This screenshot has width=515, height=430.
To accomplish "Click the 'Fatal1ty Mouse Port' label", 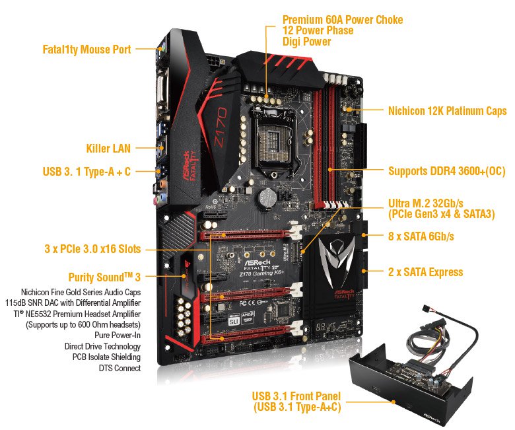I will pyautogui.click(x=86, y=50).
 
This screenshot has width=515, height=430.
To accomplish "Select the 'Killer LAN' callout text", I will pyautogui.click(x=108, y=149).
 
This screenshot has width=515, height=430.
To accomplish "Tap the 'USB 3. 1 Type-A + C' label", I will pyautogui.click(x=86, y=172).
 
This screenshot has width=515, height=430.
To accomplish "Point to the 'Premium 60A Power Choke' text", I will pyautogui.click(x=342, y=20).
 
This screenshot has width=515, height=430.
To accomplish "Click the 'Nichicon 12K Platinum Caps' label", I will pyautogui.click(x=447, y=111).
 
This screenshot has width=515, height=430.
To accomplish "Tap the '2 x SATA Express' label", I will pyautogui.click(x=425, y=271).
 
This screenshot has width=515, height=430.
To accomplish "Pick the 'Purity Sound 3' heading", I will pyautogui.click(x=105, y=277).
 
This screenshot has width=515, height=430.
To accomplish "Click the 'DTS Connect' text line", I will pyautogui.click(x=121, y=368).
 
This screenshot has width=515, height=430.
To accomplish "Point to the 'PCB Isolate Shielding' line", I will pyautogui.click(x=103, y=357).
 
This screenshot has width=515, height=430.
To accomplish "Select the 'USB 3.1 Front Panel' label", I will pyautogui.click(x=297, y=396).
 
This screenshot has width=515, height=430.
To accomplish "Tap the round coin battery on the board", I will pyautogui.click(x=267, y=196).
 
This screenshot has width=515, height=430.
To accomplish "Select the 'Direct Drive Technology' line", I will pyautogui.click(x=102, y=346).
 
